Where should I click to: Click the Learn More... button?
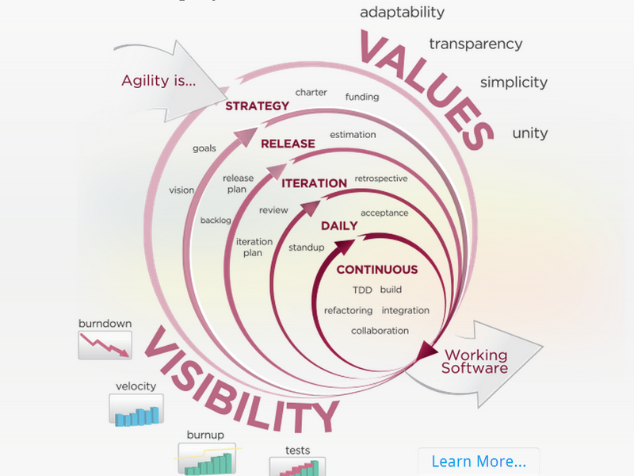click(x=479, y=461)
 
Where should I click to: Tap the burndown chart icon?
click(x=105, y=345)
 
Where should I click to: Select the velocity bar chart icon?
click(x=136, y=410)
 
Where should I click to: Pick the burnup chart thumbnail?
click(x=207, y=459)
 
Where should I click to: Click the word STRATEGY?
click(x=257, y=106)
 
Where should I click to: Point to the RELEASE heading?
click(x=288, y=144)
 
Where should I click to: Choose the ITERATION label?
click(x=314, y=183)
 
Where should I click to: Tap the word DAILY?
click(x=339, y=226)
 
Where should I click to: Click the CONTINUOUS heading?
click(x=377, y=270)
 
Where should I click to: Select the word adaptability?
click(x=402, y=13)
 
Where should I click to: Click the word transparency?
click(x=475, y=44)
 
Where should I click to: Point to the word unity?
click(x=529, y=133)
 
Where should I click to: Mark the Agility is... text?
click(x=158, y=81)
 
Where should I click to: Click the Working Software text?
click(x=475, y=362)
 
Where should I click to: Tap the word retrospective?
click(x=381, y=178)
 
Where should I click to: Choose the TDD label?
click(x=362, y=290)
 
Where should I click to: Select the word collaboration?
click(x=380, y=331)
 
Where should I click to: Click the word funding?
click(x=362, y=97)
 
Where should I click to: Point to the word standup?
click(x=306, y=248)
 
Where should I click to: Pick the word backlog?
click(x=216, y=221)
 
